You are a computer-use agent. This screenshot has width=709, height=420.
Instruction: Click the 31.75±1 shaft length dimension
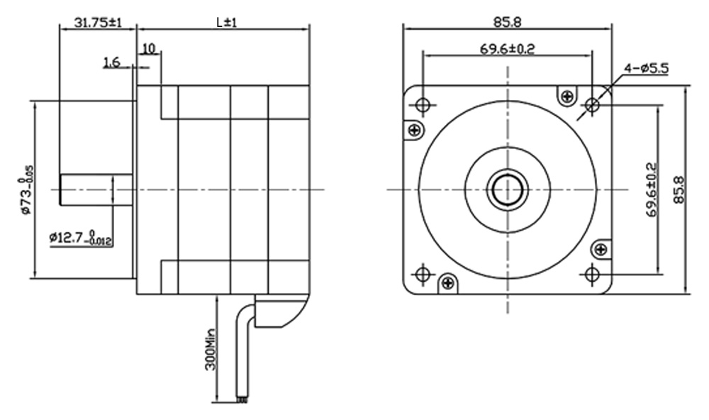(x=96, y=22)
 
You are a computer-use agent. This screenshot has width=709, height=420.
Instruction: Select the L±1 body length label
(x=226, y=22)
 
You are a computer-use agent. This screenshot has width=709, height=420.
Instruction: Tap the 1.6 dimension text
(x=111, y=63)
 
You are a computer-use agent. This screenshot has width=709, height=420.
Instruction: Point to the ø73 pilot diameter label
(x=27, y=190)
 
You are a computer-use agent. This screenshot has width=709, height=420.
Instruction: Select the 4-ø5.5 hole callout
(x=646, y=68)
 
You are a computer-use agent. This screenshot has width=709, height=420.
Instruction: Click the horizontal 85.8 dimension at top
(x=508, y=22)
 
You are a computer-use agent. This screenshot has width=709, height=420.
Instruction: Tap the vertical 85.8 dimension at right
(x=679, y=189)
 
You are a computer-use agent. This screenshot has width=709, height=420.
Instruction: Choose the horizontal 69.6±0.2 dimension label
(x=507, y=49)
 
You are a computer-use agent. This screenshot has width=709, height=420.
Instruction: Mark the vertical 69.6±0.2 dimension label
(x=651, y=189)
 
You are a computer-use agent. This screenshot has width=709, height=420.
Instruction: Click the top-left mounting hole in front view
(x=423, y=106)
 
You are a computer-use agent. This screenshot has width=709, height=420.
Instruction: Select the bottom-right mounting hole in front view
(x=593, y=274)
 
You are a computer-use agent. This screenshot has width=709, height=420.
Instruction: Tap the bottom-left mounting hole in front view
(x=423, y=274)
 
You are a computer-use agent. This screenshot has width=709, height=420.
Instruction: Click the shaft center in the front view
(x=508, y=189)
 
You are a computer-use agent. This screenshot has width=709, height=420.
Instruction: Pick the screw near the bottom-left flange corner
(x=447, y=283)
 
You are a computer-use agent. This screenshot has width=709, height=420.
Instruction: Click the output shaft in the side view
(x=96, y=190)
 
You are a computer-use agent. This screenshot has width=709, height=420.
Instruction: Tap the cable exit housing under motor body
(x=280, y=312)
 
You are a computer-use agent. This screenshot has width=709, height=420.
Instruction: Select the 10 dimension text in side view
(x=149, y=48)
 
